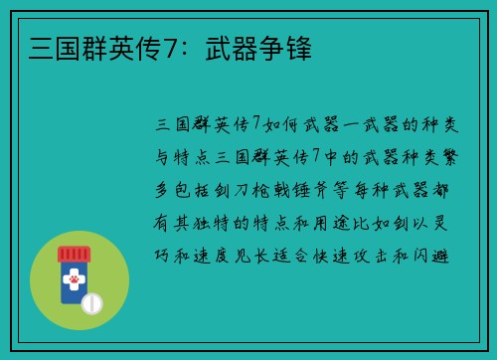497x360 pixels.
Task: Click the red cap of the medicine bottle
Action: (74, 255)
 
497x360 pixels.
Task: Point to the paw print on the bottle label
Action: (73, 283)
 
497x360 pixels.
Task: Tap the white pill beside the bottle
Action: (91, 302)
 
